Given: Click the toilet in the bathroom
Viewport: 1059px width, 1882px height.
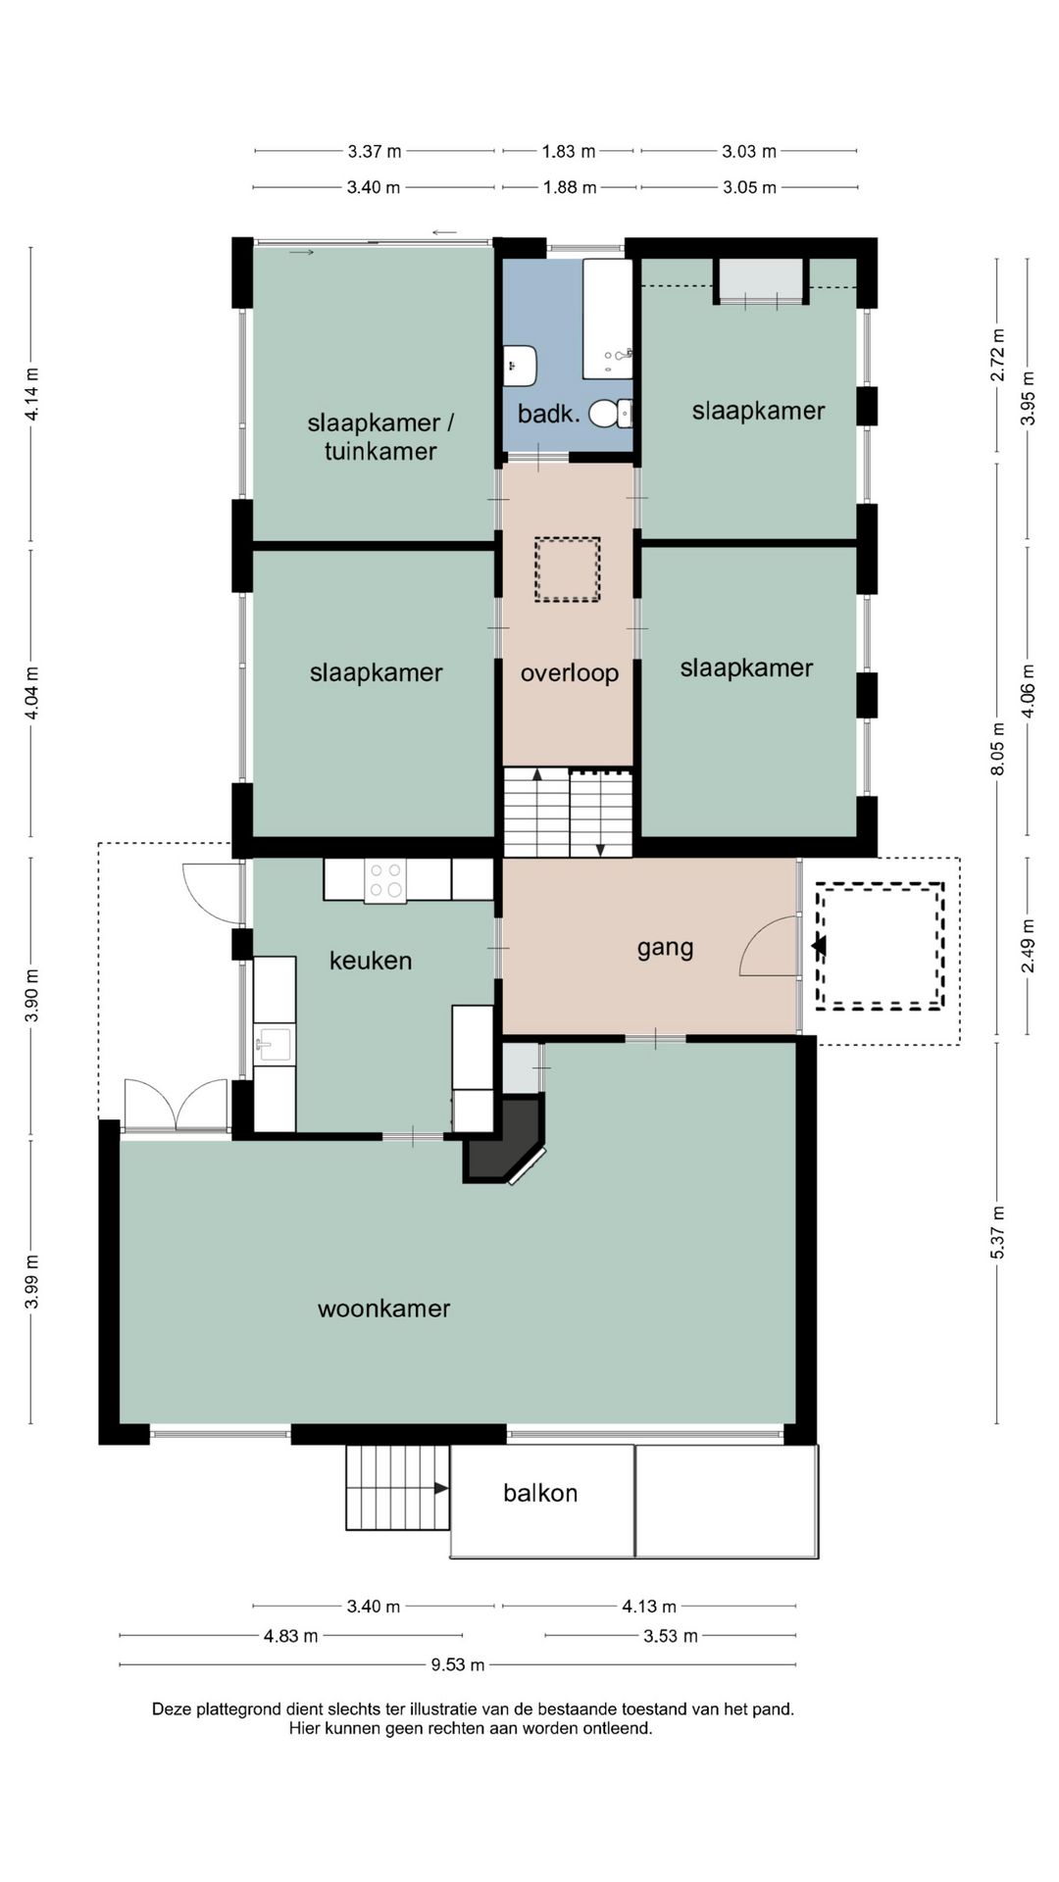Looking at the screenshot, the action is point(610,414).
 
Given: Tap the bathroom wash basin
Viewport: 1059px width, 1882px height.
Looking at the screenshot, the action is point(520,366).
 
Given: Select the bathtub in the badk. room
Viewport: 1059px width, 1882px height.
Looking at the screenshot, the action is point(608,319).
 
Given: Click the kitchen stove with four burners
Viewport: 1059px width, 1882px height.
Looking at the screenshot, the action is point(385,880).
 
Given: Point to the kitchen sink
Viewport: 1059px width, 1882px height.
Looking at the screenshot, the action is point(274,1044).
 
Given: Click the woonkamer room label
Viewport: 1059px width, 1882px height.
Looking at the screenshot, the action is point(384,1309).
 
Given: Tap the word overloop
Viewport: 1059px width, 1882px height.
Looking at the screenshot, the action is point(570,673).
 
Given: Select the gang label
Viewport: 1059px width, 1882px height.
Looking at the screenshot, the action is point(666,949).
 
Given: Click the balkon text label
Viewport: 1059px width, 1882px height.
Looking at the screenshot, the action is point(540,1493).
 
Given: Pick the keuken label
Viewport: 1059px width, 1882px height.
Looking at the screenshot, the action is point(371,961).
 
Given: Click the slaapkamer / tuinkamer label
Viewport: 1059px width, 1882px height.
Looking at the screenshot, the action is point(380,437).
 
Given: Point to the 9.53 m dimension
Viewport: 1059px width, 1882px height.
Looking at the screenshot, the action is point(458,1664).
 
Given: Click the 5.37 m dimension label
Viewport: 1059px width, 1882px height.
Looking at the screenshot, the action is point(998,1232).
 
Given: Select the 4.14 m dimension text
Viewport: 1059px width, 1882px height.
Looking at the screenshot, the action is point(32,394).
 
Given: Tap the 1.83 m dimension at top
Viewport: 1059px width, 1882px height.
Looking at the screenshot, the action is point(569,151).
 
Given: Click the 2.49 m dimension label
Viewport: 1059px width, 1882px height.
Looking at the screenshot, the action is point(1028,946).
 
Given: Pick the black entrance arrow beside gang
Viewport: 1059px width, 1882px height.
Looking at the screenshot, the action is point(819,946).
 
